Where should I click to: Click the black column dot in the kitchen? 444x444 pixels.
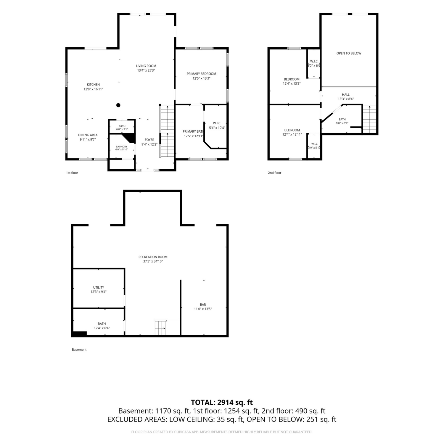click(x=118, y=105)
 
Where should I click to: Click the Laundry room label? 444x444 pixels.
click(x=122, y=147)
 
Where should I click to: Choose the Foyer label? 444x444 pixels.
click(x=149, y=140)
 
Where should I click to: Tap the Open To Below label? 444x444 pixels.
click(x=349, y=53)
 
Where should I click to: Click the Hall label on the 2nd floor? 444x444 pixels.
click(x=346, y=95)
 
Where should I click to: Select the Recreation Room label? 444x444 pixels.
click(x=153, y=257)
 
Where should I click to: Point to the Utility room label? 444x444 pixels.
click(x=99, y=287)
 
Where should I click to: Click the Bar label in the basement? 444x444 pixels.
click(x=203, y=305)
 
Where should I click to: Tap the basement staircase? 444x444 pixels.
click(x=160, y=328)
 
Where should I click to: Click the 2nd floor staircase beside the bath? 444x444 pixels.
click(x=369, y=120)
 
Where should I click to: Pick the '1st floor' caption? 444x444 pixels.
click(x=72, y=173)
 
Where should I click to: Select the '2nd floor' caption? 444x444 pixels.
click(x=275, y=173)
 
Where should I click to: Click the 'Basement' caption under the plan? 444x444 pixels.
click(x=79, y=350)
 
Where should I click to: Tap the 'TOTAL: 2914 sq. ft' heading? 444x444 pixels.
click(x=222, y=402)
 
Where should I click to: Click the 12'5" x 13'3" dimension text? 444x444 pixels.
click(x=202, y=78)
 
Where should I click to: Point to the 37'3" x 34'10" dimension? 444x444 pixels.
click(x=153, y=261)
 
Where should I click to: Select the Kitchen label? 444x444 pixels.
click(x=93, y=85)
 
